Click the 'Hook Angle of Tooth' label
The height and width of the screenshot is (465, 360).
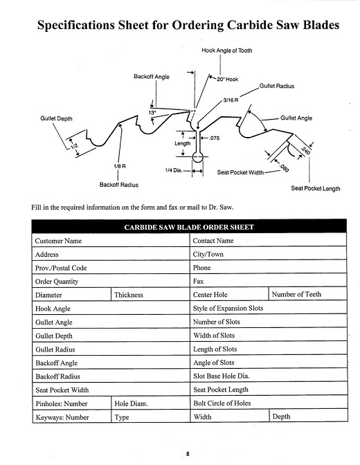227,51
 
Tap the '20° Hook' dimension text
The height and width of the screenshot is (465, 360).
227,80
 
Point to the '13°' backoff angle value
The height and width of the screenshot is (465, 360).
152,113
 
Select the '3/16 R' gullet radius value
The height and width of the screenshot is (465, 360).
231,100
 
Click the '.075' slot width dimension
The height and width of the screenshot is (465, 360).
215,138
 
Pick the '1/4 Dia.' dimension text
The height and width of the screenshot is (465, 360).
174,170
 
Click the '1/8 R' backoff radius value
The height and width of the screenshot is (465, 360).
120,166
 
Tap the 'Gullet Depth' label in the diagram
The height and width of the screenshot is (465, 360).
56,118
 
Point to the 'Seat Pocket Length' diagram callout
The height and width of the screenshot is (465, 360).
316,189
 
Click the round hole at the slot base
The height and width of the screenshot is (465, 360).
198,157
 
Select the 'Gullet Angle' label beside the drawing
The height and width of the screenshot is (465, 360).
296,118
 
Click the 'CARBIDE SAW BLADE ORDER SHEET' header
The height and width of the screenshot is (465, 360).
189,227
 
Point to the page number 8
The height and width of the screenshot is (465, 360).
188,454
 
